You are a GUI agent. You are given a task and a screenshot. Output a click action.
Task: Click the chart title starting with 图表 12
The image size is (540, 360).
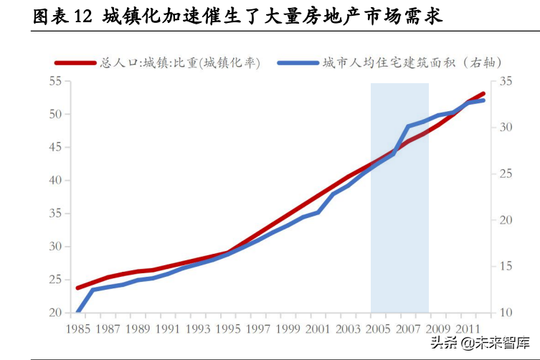(x=237, y=16)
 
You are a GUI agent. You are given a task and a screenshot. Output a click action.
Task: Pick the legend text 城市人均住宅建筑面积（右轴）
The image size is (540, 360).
(x=412, y=63)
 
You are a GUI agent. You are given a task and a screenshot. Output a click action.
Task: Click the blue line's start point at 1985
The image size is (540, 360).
(x=77, y=312)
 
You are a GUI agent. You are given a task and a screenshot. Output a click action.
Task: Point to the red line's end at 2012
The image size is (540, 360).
(x=483, y=93)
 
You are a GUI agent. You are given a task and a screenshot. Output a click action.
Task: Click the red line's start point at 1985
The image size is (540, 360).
(x=77, y=288)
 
